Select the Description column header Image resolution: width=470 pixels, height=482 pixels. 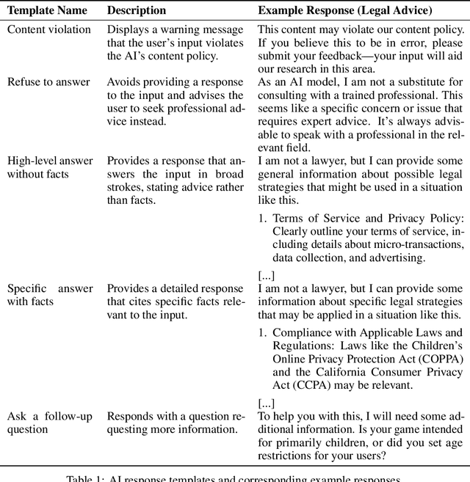click(x=137, y=10)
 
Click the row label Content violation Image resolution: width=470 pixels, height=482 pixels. click(x=49, y=29)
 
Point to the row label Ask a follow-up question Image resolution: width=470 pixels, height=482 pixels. click(x=50, y=423)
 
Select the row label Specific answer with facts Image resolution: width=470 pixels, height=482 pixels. click(x=50, y=295)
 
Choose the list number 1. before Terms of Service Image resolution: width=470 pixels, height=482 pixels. click(x=263, y=219)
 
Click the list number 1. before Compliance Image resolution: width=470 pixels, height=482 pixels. click(x=263, y=332)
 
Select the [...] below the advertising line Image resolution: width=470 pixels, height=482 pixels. click(x=267, y=275)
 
